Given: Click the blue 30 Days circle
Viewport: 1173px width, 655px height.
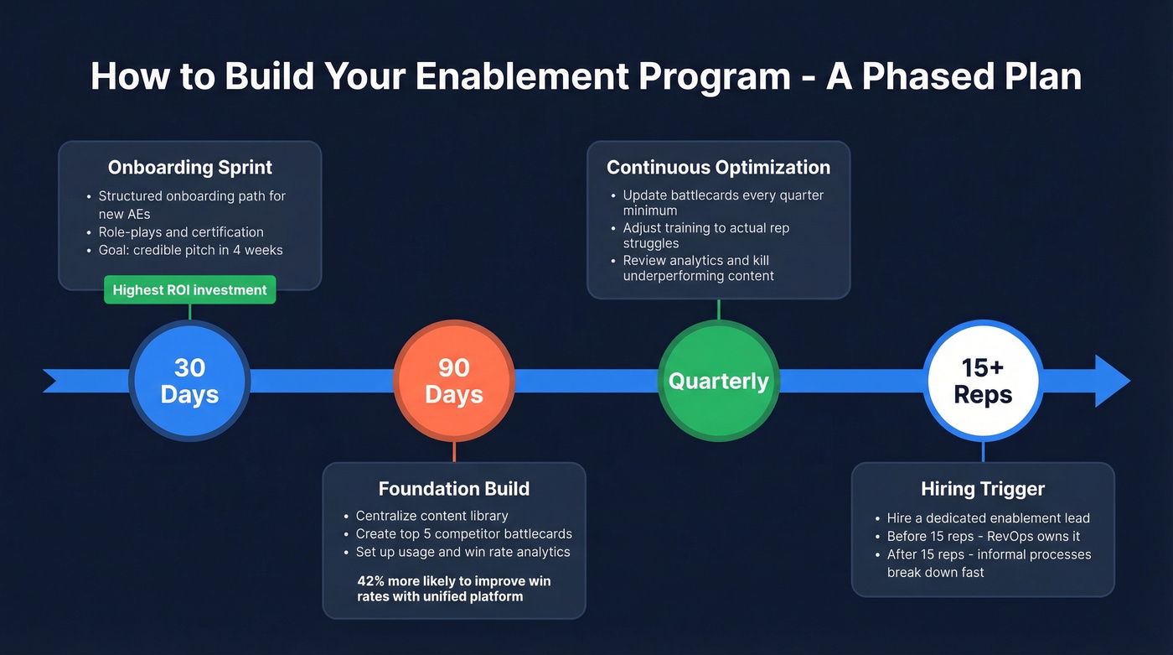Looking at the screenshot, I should tap(190, 381).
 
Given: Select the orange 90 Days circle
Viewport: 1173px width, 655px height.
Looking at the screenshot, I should tap(454, 381).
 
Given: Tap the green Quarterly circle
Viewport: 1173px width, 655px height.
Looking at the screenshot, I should tap(718, 381).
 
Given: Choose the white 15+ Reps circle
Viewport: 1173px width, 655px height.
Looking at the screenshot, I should tap(983, 381).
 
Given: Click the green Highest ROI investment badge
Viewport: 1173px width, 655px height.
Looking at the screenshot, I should tap(189, 290).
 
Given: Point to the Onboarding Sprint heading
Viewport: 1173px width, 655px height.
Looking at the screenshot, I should tap(190, 167).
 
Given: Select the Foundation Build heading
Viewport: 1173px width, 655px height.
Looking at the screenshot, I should tap(454, 488).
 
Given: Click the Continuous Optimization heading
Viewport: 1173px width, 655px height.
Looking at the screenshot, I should tap(718, 167).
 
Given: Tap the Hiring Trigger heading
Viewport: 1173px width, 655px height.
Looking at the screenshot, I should tap(983, 488).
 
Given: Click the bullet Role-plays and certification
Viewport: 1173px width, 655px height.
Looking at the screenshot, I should tap(181, 232).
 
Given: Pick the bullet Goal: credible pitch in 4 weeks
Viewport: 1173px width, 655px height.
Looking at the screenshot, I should tap(190, 250).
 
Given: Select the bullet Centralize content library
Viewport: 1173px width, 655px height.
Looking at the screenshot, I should tap(431, 516).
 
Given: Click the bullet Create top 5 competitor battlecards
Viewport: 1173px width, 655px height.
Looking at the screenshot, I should tap(463, 534).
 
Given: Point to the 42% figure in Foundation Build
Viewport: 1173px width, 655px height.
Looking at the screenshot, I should tap(372, 580).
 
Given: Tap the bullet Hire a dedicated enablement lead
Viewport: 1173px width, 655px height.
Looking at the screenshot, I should tap(988, 518).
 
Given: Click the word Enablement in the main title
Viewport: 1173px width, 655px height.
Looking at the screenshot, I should tap(520, 76).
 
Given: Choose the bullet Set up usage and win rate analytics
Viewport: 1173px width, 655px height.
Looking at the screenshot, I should tap(462, 552).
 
